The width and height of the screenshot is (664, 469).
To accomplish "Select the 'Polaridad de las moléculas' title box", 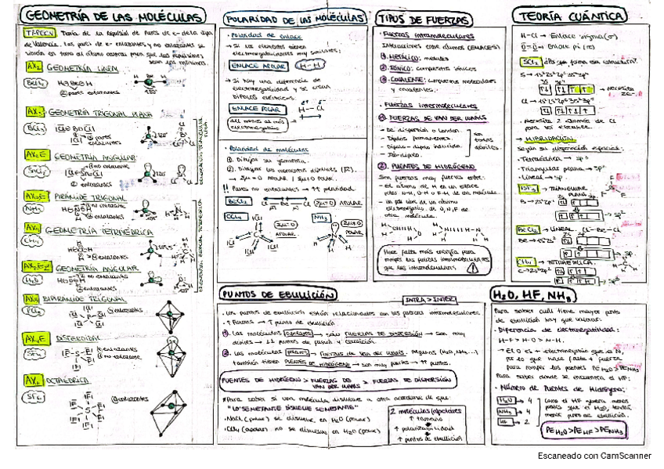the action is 293,17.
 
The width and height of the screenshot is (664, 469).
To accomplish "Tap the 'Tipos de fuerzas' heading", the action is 414,17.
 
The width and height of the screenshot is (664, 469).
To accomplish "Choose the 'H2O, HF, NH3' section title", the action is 532,294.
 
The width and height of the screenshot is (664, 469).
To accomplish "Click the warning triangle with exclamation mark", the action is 471,266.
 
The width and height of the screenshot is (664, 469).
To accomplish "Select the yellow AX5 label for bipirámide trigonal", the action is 31,298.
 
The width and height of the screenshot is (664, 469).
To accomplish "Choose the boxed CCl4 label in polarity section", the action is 234,216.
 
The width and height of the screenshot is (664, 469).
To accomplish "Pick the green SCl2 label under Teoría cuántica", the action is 529,62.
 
